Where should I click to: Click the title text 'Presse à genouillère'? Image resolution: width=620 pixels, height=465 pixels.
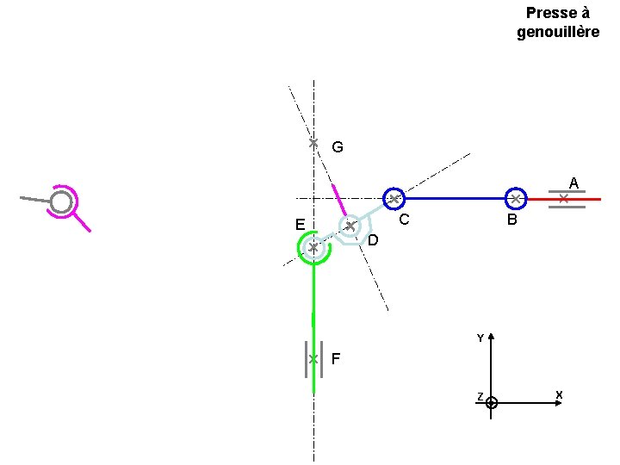[x=557, y=22]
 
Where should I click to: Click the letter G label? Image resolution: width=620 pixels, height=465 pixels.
[x=337, y=147]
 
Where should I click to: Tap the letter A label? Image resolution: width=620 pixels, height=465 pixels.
[x=573, y=182]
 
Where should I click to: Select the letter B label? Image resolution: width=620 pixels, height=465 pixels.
[x=512, y=220]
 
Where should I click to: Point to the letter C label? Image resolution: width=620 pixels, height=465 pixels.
[x=402, y=220]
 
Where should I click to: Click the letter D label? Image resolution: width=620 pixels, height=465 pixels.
[x=373, y=240]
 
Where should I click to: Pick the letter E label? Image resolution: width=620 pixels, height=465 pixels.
[x=299, y=225]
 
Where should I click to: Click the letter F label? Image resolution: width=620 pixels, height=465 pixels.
[x=336, y=358]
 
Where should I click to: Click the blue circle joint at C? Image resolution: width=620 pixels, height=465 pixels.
[x=393, y=199]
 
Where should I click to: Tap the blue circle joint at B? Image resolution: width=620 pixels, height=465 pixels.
[x=515, y=199]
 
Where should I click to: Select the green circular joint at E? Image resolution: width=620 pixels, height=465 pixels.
[x=313, y=248]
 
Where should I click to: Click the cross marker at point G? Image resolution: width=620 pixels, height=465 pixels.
[x=313, y=142]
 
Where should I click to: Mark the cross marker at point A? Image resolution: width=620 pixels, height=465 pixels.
[x=563, y=199]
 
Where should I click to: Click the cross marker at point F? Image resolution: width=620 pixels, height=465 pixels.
[x=313, y=358]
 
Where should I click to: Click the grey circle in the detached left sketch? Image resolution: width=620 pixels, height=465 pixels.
[x=61, y=202]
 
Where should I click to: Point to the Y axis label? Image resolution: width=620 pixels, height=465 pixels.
[x=480, y=338]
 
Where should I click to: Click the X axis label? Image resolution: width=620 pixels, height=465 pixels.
[x=559, y=395]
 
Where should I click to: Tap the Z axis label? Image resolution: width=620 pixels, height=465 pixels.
[x=480, y=396]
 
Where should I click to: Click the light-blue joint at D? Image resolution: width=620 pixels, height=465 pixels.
[x=350, y=226]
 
